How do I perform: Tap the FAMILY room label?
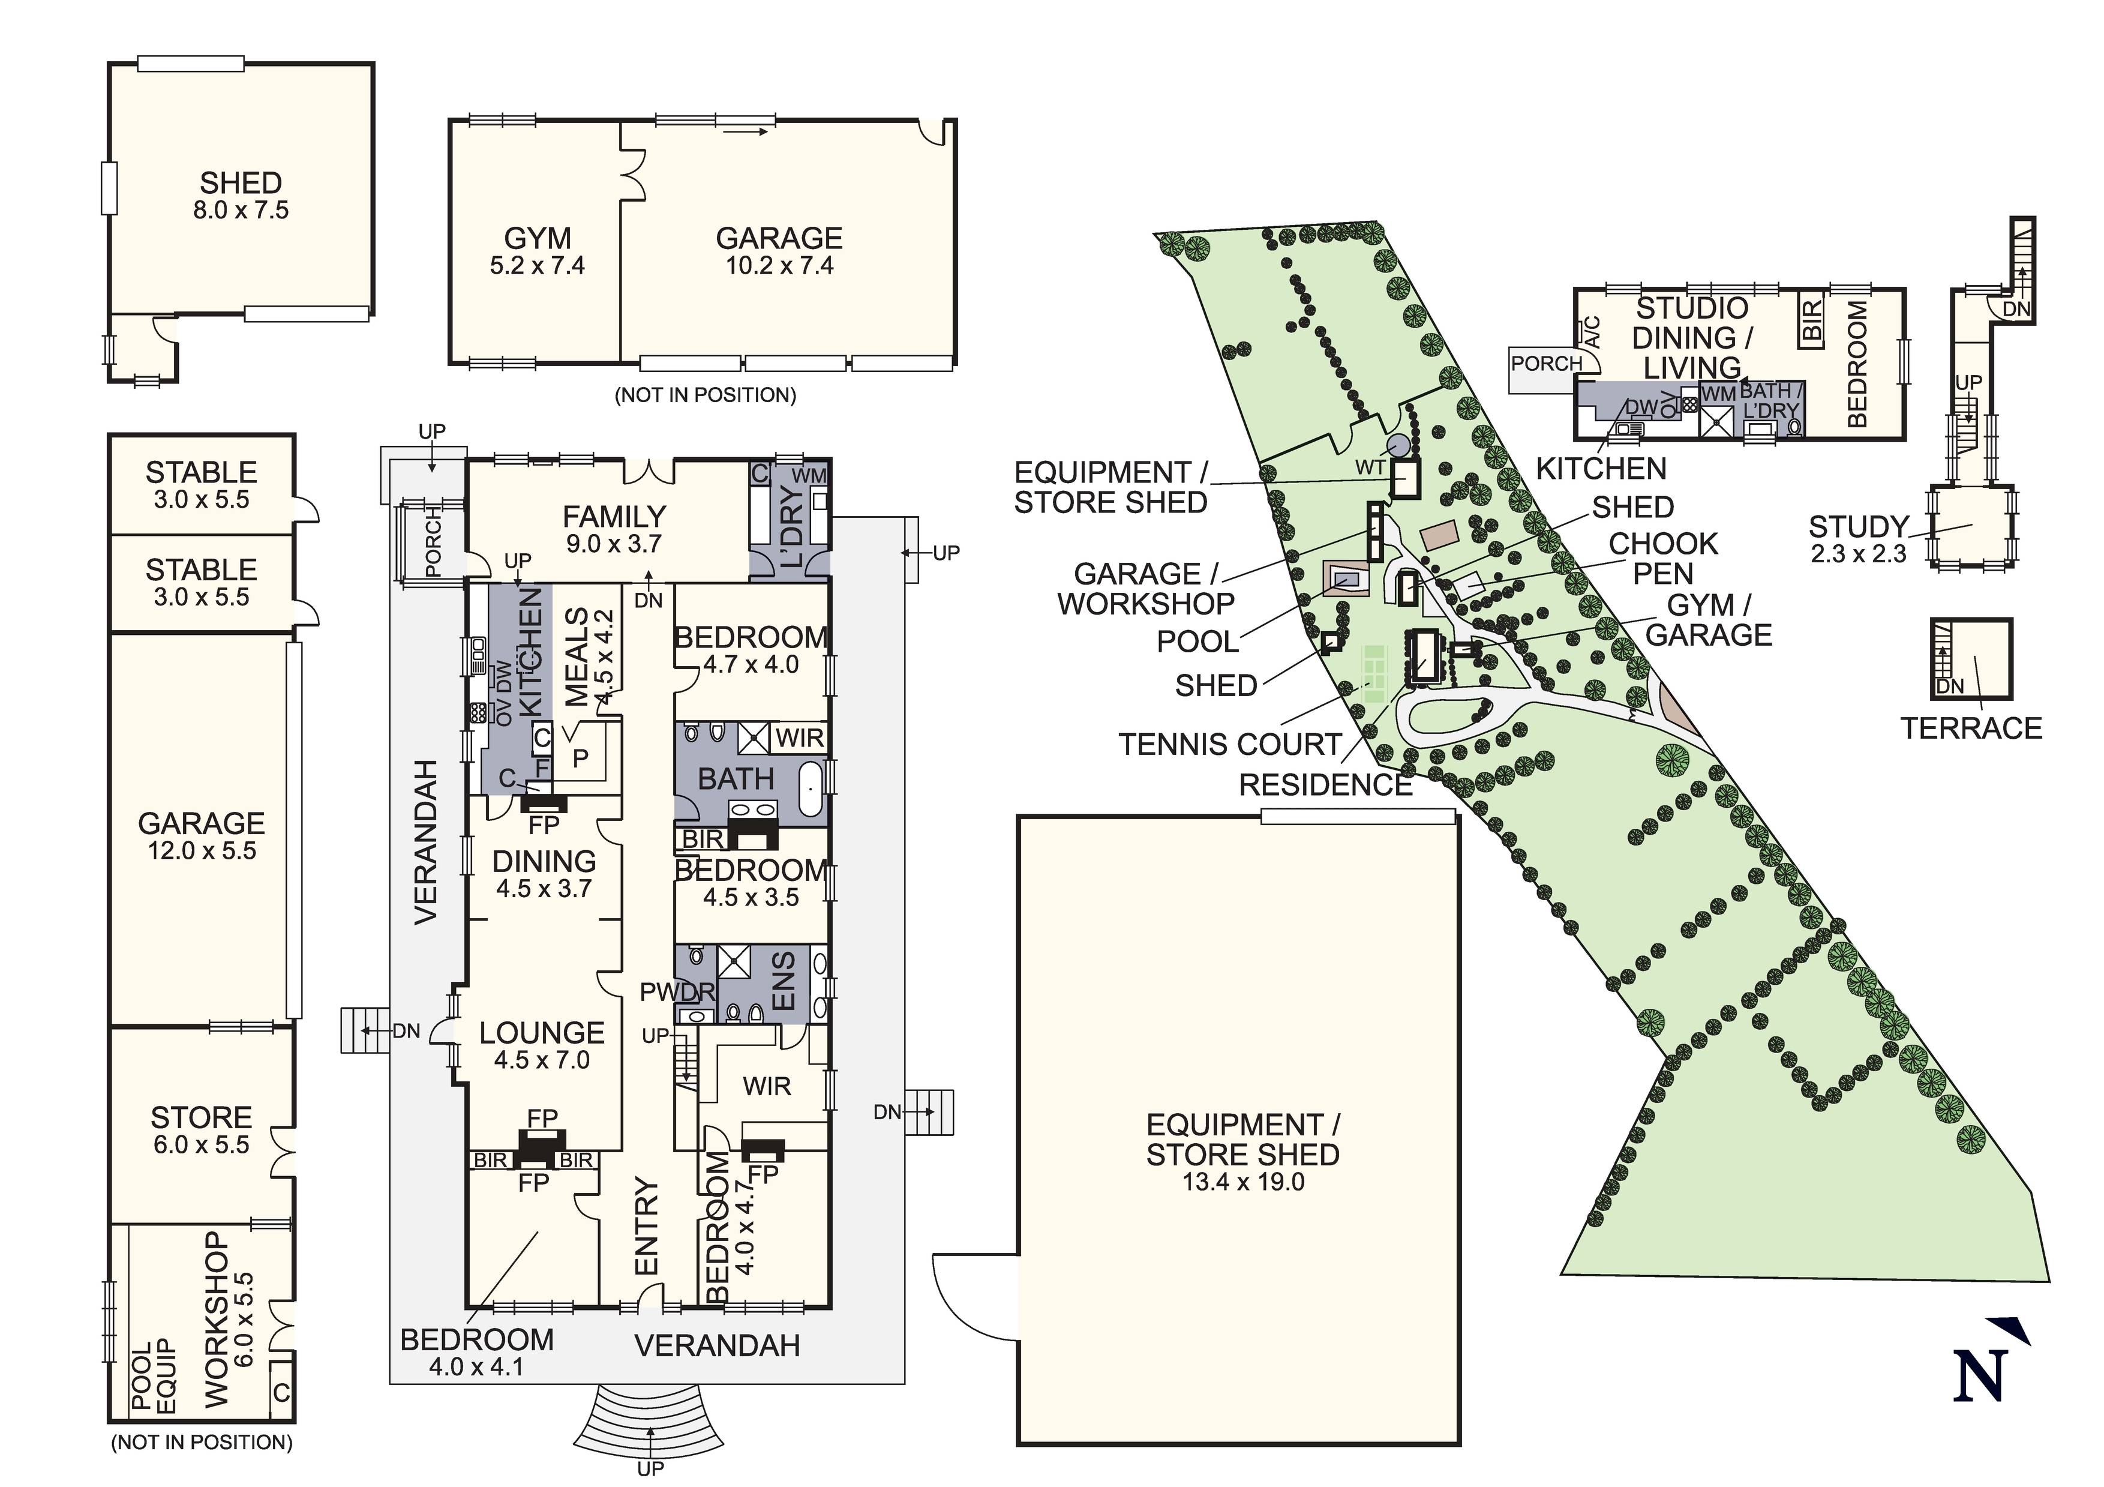614,517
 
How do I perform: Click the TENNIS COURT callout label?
1230,745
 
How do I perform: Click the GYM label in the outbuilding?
538,238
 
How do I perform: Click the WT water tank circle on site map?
1398,446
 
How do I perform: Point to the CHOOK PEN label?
1662,558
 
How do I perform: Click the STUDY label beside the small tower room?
1857,527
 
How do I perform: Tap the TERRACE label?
1971,729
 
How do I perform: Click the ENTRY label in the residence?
647,1226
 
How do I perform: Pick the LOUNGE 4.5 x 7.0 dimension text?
542,1061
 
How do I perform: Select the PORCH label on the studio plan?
1546,364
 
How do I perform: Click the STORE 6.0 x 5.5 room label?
201,1119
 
